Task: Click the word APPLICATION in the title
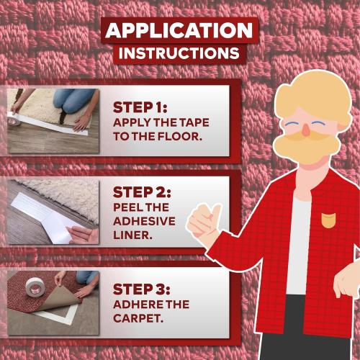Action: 179,31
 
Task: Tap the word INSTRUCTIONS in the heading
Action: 179,53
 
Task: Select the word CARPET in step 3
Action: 140,318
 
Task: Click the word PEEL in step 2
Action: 127,207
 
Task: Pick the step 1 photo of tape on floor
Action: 53,120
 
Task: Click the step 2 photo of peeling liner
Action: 53,212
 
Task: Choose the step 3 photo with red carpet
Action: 53,302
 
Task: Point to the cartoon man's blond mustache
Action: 306,148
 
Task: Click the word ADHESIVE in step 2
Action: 144,222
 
